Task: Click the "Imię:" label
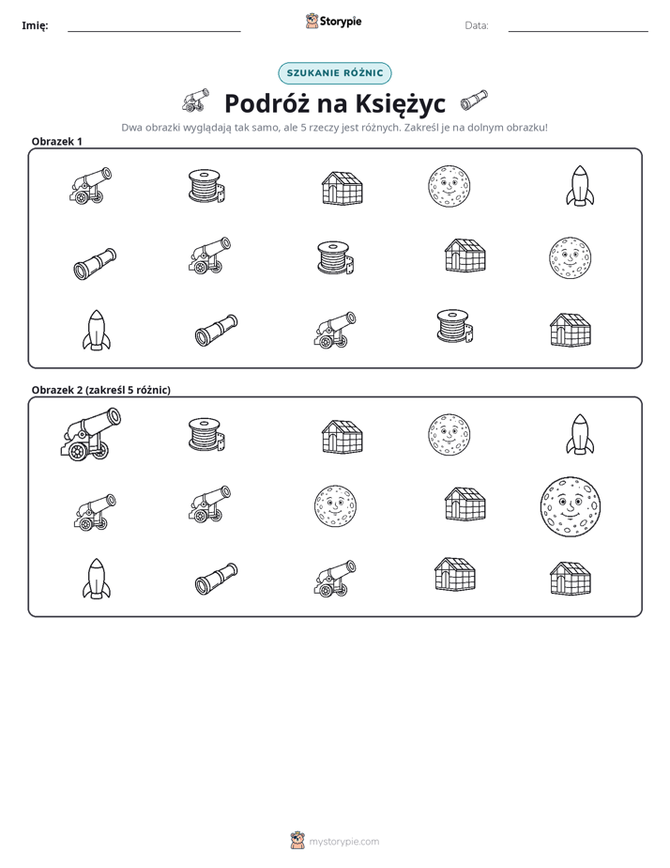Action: tap(35, 25)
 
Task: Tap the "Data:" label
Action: tap(477, 25)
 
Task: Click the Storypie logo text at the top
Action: tap(341, 22)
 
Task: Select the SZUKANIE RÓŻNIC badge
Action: tap(334, 73)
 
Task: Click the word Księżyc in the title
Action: tap(401, 103)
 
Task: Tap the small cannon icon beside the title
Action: tap(196, 100)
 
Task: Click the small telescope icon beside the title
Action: tap(474, 100)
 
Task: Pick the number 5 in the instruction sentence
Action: tap(303, 128)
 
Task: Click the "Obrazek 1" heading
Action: tap(57, 142)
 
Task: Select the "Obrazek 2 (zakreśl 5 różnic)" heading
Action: tap(101, 390)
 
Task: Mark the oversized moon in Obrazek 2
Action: tap(570, 507)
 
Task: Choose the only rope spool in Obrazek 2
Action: tap(206, 435)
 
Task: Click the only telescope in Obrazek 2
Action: tap(216, 579)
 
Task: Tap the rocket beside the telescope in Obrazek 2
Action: tap(97, 579)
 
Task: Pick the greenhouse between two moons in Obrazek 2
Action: tap(465, 504)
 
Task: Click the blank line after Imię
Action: tap(154, 32)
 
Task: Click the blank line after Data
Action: tap(578, 32)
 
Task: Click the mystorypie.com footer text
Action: tap(343, 842)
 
